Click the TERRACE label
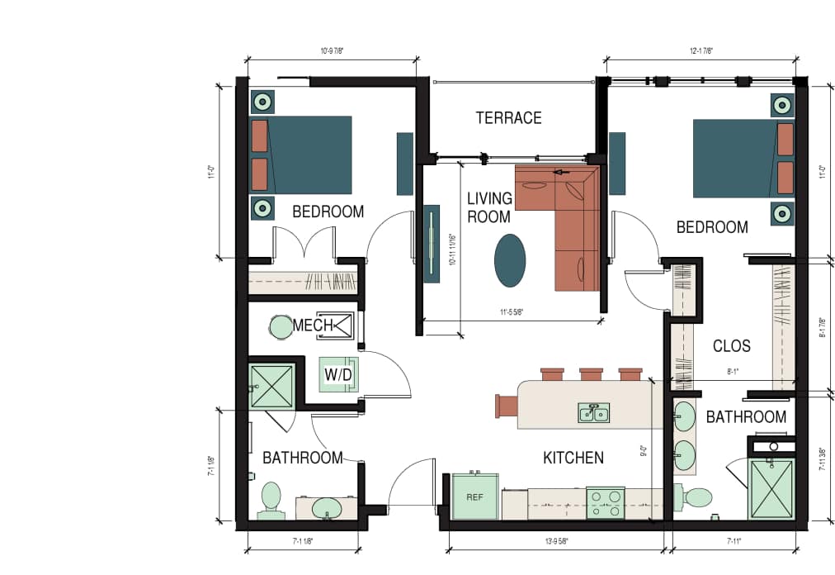508,118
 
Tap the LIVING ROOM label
489,207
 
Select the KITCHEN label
573,458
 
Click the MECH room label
313,326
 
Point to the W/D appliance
338,375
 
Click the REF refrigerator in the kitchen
474,497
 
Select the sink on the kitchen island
593,412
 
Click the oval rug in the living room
510,260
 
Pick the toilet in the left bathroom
271,501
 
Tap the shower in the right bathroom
770,488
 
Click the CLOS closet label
731,346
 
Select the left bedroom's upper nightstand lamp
262,102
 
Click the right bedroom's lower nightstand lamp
782,213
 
